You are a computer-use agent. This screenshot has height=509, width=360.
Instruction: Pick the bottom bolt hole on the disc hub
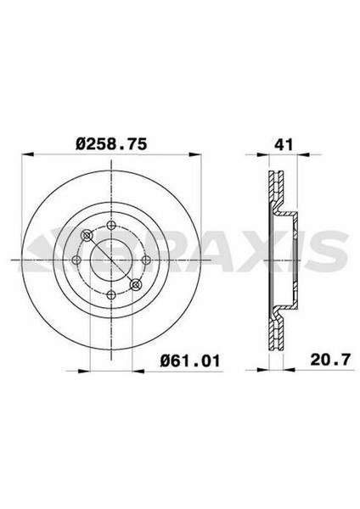tap(112, 294)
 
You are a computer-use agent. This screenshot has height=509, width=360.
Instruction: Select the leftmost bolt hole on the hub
tap(77, 260)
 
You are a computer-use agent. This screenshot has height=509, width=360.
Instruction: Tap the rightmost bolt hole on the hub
tap(146, 260)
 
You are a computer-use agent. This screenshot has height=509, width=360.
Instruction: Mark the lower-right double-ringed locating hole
tap(136, 283)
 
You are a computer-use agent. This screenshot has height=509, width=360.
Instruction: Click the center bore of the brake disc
tap(112, 260)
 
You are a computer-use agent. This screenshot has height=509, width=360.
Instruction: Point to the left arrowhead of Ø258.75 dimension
tap(25, 155)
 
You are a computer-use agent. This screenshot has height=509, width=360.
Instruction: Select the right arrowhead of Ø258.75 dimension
tap(198, 155)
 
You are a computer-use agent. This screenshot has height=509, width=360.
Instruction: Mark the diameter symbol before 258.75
tap(82, 145)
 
